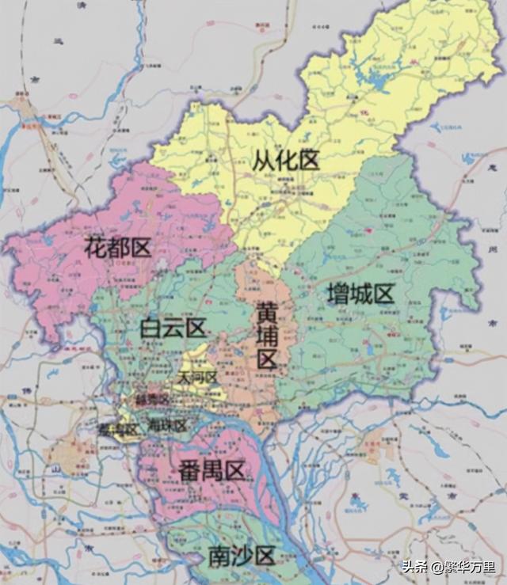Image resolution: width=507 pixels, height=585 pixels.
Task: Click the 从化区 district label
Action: point(287,161)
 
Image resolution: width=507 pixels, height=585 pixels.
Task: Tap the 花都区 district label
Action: point(117,248)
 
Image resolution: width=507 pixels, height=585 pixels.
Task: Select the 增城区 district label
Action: point(360,295)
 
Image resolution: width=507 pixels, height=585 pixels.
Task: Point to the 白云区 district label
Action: point(173,328)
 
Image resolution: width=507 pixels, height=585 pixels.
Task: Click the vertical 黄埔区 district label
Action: point(267,336)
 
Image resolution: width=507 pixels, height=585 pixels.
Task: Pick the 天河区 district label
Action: point(198,378)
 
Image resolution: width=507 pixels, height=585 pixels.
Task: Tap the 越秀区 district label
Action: point(152,400)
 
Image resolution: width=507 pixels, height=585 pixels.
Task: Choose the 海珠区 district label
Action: point(167,426)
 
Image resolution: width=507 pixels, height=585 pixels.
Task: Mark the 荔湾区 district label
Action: point(119,429)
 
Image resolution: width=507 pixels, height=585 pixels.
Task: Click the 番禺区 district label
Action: point(211,472)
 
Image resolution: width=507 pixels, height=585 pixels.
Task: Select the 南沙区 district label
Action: point(242,557)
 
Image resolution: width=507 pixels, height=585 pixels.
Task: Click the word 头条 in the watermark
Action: point(415,567)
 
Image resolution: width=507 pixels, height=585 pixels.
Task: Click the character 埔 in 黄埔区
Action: point(267,336)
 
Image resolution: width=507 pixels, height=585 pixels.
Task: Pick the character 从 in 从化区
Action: point(265,161)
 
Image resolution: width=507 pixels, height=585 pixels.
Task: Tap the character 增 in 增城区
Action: point(338,295)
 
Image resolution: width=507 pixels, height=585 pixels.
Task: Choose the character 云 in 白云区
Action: point(173,328)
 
